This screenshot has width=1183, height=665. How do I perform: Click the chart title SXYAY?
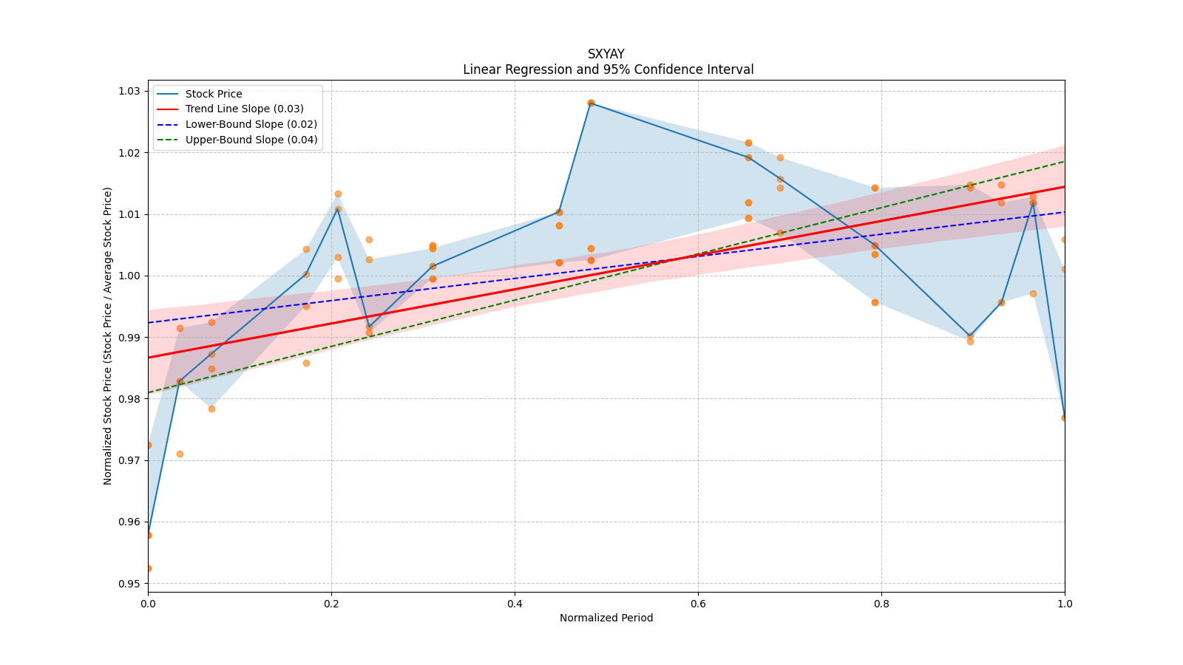[x=606, y=54]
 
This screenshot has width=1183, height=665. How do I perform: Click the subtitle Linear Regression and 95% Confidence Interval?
[x=608, y=69]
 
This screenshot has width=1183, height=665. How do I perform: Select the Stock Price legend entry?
[x=214, y=94]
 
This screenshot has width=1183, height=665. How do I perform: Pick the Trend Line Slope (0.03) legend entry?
[x=244, y=109]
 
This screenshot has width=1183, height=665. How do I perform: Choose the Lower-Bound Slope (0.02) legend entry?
[x=251, y=124]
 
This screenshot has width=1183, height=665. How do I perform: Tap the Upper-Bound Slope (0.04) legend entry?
[x=251, y=140]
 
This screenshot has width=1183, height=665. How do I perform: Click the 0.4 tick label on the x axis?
[x=515, y=604]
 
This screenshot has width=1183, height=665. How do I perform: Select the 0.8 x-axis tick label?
[x=881, y=604]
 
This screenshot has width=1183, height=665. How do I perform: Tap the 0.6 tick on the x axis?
[x=698, y=604]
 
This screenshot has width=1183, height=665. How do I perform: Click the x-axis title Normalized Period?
[x=606, y=618]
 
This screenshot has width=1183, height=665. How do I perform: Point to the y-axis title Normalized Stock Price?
[x=108, y=335]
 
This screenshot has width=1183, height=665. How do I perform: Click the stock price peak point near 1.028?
[x=591, y=103]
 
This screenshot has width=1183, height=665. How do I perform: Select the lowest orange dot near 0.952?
[x=148, y=568]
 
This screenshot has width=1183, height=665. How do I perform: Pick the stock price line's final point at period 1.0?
[x=1065, y=417]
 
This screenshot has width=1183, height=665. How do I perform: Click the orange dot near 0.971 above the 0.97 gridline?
[x=180, y=454]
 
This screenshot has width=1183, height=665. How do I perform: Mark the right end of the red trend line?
[x=1065, y=186]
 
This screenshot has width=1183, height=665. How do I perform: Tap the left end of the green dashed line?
[x=148, y=392]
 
